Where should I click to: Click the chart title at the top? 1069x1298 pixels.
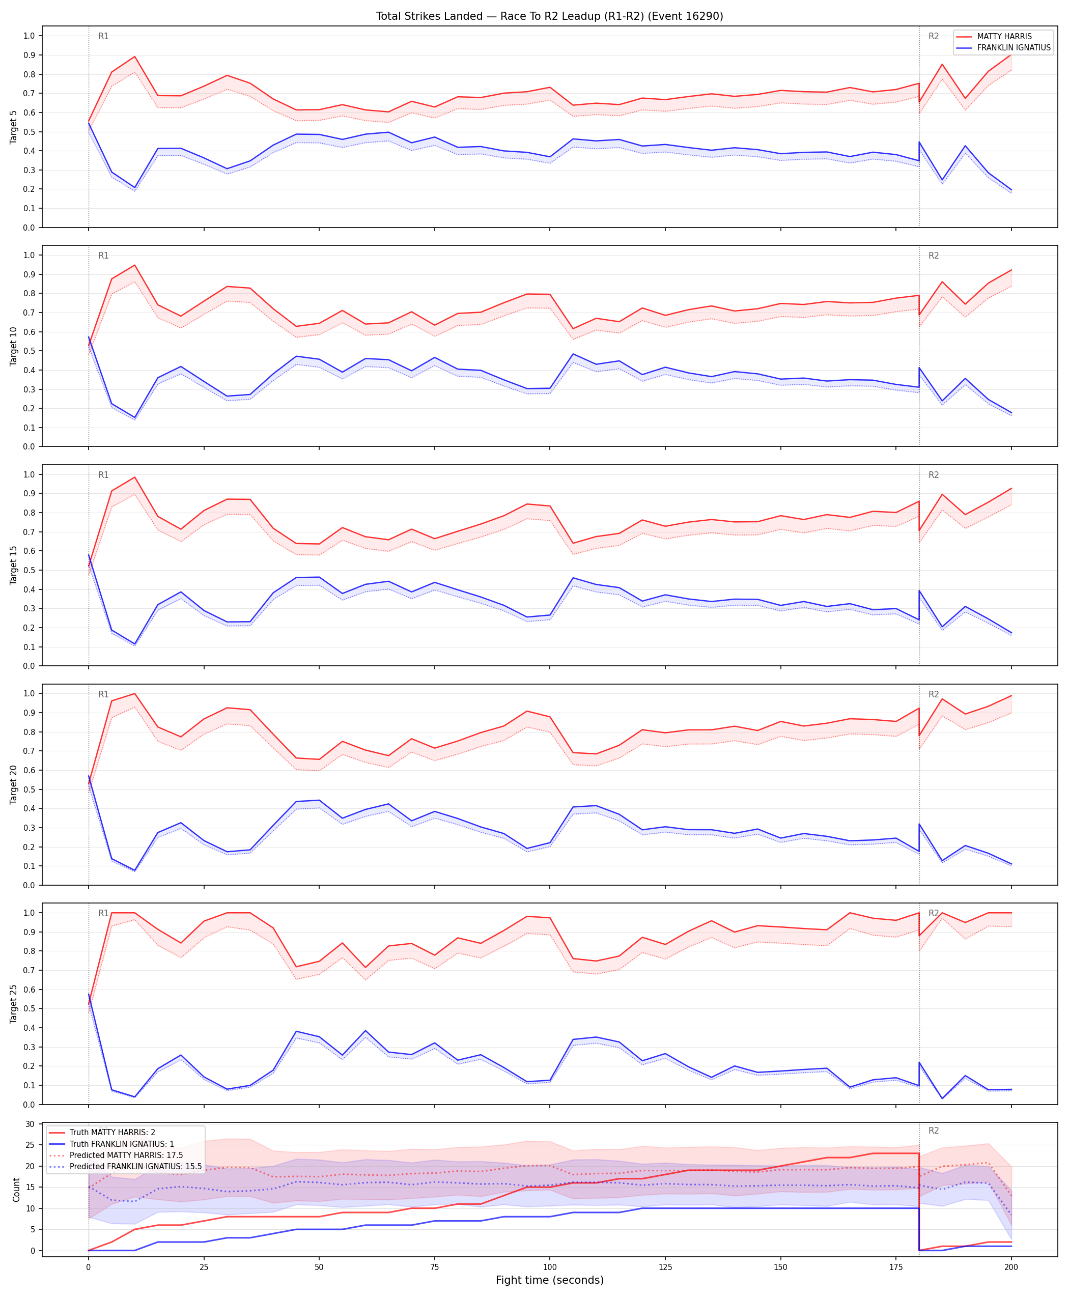point(549,16)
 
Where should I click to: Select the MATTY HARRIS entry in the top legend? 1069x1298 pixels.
point(1004,36)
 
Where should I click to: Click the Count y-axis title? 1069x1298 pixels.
point(16,1190)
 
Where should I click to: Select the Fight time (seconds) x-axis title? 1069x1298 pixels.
point(549,1280)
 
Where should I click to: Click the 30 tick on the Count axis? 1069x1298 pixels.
point(30,1124)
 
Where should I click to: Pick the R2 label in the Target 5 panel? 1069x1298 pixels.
point(934,36)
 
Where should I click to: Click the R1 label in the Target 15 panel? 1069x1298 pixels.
point(103,475)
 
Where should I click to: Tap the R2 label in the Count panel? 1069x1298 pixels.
point(934,1131)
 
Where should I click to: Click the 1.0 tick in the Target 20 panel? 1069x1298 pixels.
point(29,693)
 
